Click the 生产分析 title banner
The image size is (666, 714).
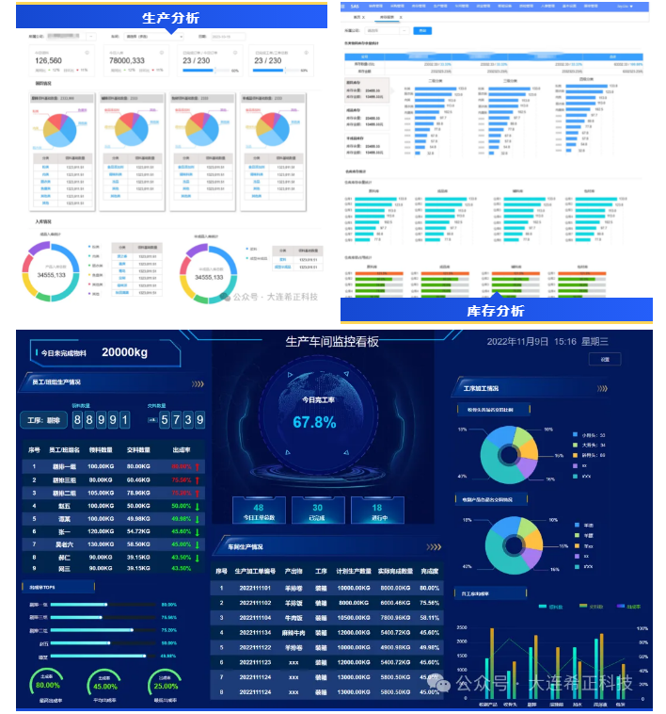pos(170,18)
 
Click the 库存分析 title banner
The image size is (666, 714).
pos(496,311)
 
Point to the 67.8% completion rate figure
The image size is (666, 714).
pos(314,423)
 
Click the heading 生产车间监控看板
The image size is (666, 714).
pos(332,341)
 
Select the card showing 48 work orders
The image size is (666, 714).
pos(259,511)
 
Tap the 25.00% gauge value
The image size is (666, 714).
pos(166,685)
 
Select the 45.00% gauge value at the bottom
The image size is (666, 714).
pos(105,685)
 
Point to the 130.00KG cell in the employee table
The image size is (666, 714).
pos(101,544)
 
